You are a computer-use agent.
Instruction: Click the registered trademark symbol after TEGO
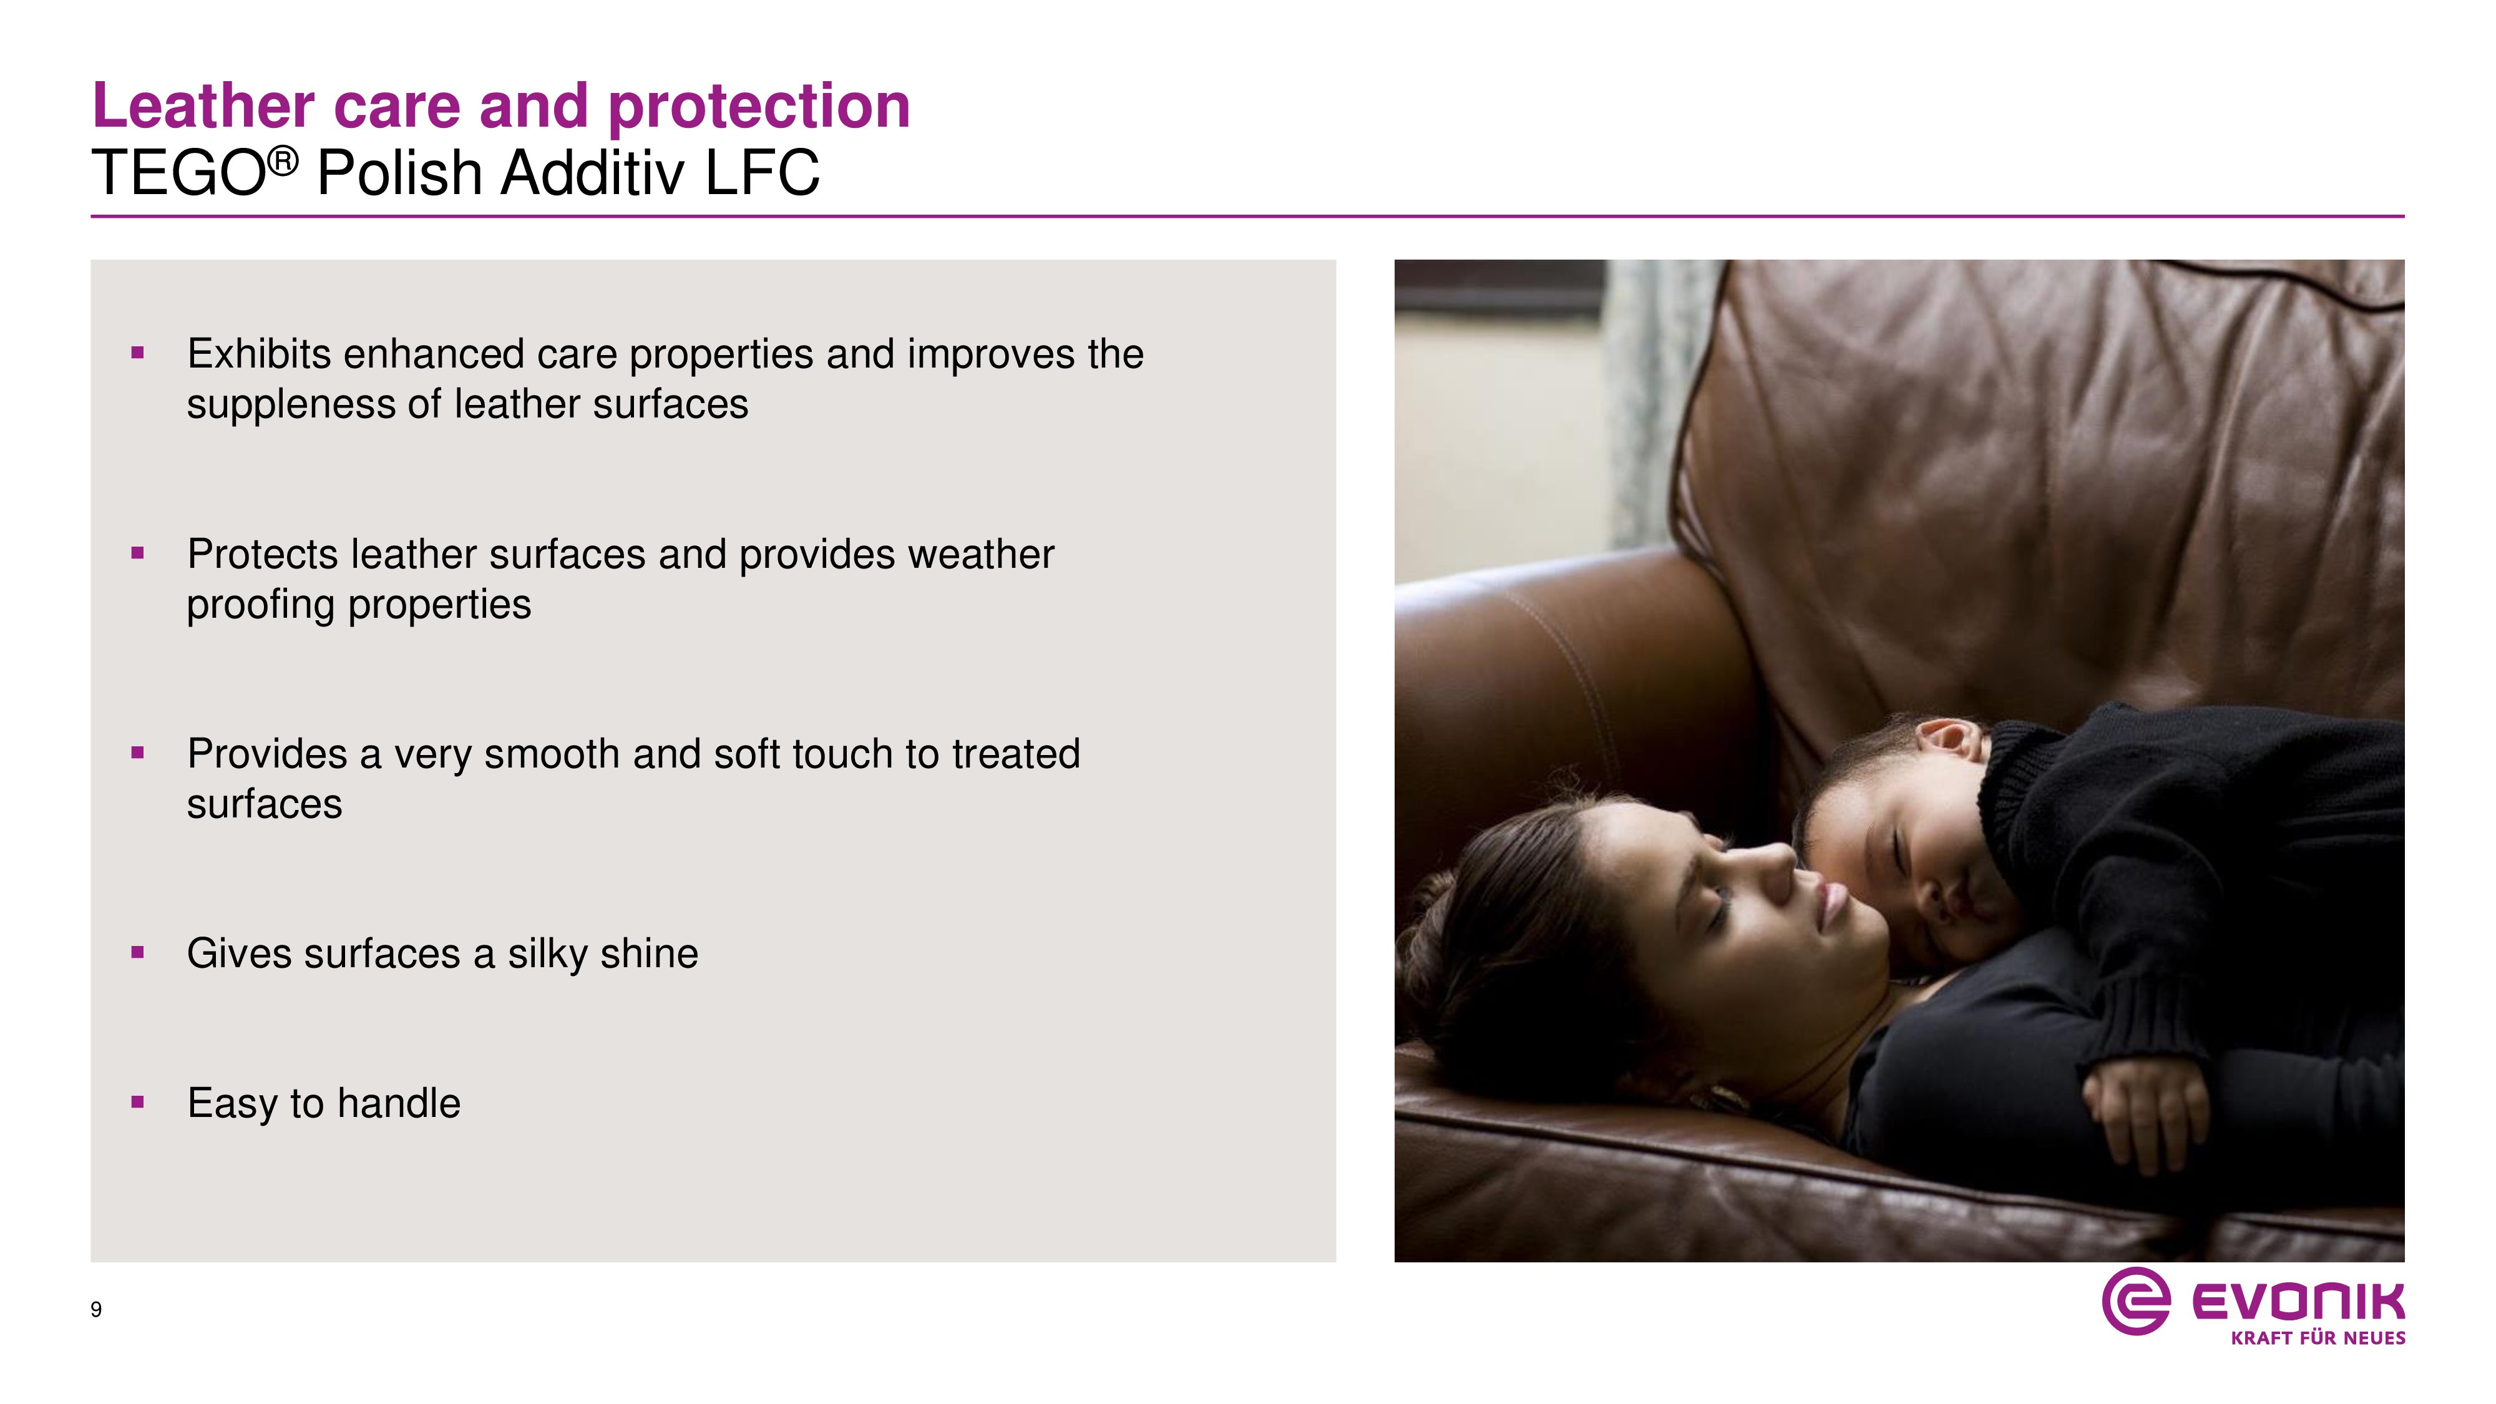pyautogui.click(x=282, y=162)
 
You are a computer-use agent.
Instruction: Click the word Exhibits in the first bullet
pyautogui.click(x=260, y=354)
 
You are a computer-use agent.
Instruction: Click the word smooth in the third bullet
pyautogui.click(x=552, y=755)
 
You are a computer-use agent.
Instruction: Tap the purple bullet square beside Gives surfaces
pyautogui.click(x=137, y=952)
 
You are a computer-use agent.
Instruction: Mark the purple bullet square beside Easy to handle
pyautogui.click(x=137, y=1102)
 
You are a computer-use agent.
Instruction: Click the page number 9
pyautogui.click(x=96, y=1310)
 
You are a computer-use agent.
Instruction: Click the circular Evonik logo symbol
pyautogui.click(x=2135, y=1300)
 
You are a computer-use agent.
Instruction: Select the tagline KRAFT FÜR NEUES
pyautogui.click(x=2318, y=1338)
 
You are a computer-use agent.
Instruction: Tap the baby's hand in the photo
pyautogui.click(x=2144, y=1114)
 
